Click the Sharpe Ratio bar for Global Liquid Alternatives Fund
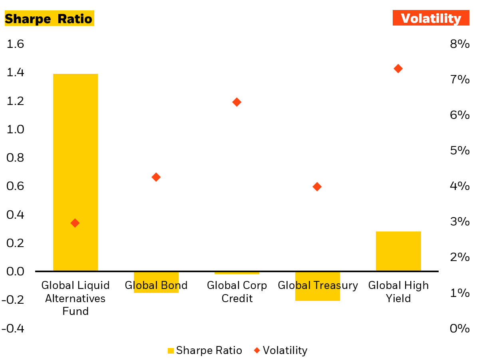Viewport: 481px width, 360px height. tap(76, 172)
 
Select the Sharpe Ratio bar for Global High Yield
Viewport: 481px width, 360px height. tap(398, 251)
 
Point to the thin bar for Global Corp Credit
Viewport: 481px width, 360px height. tap(237, 273)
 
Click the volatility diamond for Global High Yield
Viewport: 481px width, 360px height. tap(398, 69)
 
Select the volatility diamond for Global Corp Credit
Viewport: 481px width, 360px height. tap(237, 102)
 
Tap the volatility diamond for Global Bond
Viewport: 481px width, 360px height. tap(156, 177)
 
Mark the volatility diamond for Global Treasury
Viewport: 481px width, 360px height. tap(317, 187)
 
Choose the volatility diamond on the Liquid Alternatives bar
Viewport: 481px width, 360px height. tap(75, 223)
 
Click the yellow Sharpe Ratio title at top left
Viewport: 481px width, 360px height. tap(49, 19)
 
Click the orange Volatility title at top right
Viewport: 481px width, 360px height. tap(431, 18)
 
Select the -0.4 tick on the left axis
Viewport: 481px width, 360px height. tap(13, 328)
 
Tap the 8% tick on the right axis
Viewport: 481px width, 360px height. tap(459, 44)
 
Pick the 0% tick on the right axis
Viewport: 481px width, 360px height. tap(459, 328)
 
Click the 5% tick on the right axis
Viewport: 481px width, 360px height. tap(459, 150)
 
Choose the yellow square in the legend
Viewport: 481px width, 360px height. tap(171, 351)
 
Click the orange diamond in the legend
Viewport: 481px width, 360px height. tap(257, 350)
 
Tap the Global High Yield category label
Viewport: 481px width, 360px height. tap(398, 292)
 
